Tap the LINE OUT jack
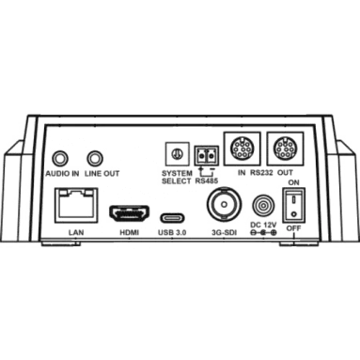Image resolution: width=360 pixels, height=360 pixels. (x=95, y=159)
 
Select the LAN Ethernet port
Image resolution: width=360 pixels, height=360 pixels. (x=76, y=205)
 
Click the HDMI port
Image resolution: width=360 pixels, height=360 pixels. (x=129, y=213)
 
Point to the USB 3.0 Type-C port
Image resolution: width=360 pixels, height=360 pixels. (x=172, y=217)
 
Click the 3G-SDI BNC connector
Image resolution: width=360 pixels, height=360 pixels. (x=224, y=204)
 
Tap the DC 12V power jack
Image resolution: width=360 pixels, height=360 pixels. (x=263, y=206)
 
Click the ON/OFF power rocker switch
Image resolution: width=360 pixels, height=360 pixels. (x=293, y=206)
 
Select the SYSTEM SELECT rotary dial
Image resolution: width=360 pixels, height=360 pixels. (x=177, y=154)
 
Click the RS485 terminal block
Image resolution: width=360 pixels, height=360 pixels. (x=207, y=155)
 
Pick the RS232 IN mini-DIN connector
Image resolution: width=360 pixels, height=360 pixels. (x=242, y=149)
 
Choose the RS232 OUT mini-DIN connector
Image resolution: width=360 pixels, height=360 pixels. (x=285, y=149)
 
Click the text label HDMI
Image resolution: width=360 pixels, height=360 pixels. (x=129, y=232)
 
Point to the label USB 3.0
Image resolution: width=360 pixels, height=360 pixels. (x=172, y=232)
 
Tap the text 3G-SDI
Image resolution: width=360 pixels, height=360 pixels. (x=224, y=232)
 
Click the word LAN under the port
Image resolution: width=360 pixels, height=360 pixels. (x=76, y=232)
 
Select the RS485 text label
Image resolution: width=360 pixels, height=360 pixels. (x=207, y=180)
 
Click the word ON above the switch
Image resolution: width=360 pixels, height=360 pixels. (x=293, y=182)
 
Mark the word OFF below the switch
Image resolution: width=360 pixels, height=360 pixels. (x=293, y=228)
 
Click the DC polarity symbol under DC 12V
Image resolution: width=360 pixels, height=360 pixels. (x=263, y=232)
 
